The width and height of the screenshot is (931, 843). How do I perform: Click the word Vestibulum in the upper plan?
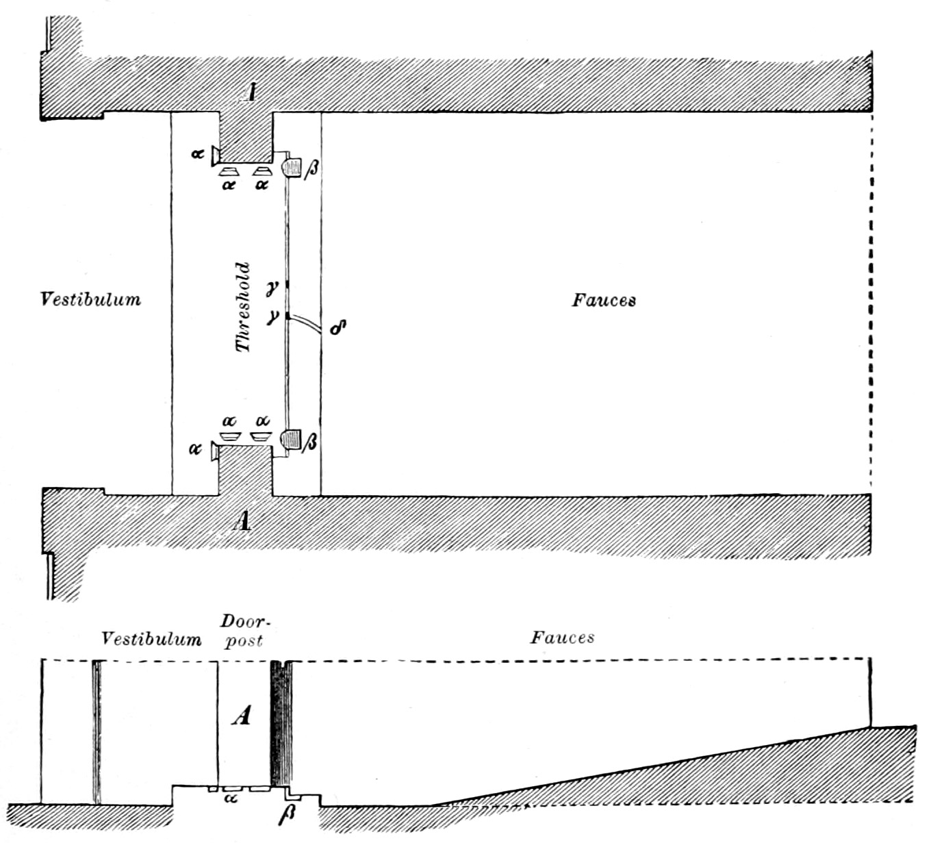coord(90,299)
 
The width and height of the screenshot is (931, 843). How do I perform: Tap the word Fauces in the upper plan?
coord(604,300)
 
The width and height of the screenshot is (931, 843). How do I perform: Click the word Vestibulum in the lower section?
coord(151,639)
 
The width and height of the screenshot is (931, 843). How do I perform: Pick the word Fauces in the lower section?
coord(562,638)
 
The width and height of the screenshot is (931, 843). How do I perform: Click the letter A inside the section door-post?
coord(241,716)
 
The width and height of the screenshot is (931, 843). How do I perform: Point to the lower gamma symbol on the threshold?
coord(273,317)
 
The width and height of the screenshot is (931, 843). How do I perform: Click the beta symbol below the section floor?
coord(288,817)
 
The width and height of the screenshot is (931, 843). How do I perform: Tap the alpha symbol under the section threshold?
coord(231,798)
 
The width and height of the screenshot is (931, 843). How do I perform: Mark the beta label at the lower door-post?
coord(310,442)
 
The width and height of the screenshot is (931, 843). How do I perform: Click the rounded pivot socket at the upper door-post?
coord(292,166)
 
